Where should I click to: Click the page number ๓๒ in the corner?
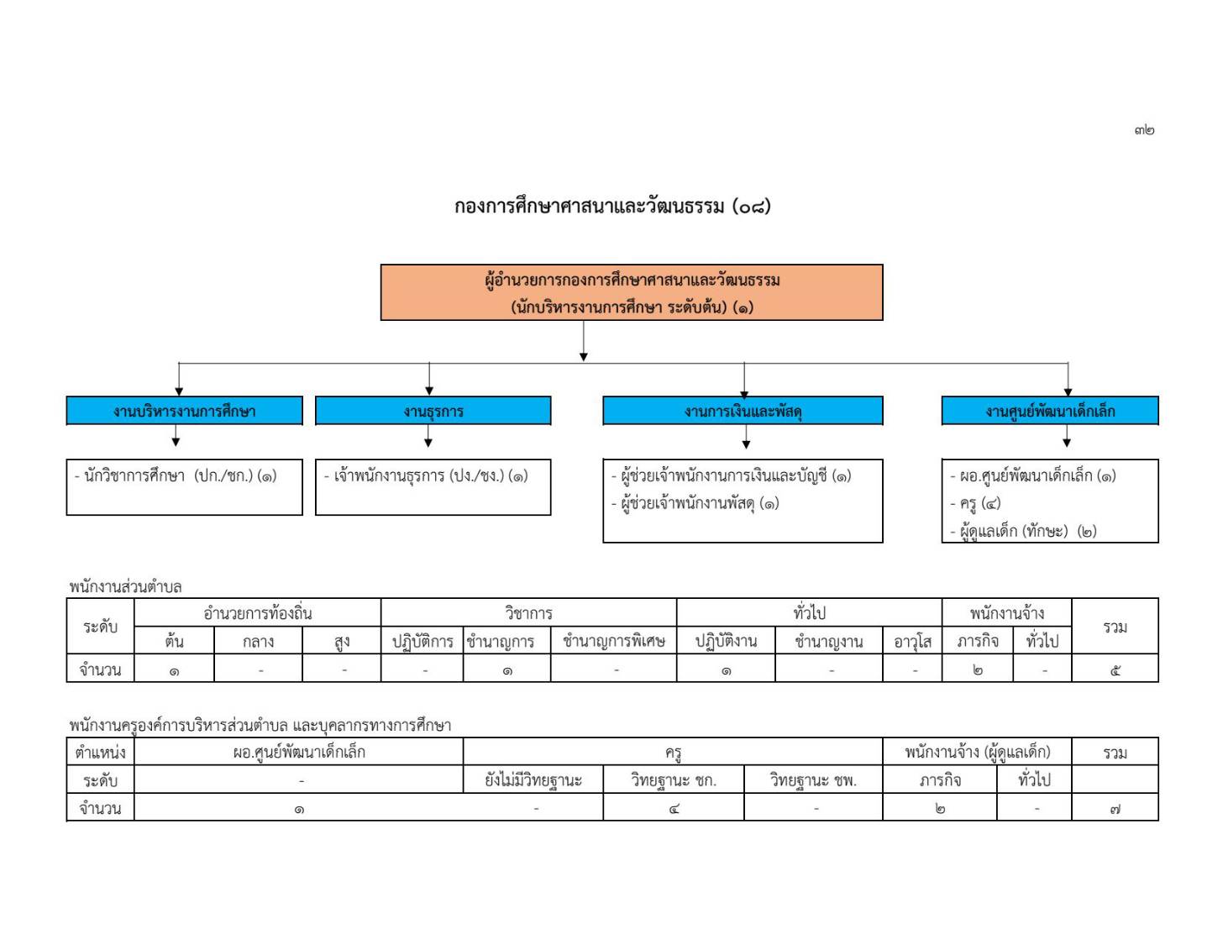click(1144, 130)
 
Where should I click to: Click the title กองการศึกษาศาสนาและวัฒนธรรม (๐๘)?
click(612, 206)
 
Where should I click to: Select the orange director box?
click(632, 292)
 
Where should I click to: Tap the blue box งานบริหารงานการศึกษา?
click(185, 411)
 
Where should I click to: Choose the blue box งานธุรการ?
click(433, 411)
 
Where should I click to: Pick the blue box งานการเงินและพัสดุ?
click(743, 411)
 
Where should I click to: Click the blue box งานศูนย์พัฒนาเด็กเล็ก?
click(1050, 411)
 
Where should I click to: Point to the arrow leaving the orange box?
click(584, 341)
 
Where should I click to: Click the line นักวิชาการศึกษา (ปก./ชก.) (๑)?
click(176, 476)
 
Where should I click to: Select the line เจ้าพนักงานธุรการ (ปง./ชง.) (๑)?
click(426, 476)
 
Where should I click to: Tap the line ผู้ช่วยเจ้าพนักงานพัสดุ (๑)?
click(695, 503)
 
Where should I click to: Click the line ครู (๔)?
click(976, 503)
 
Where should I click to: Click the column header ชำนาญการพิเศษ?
click(614, 641)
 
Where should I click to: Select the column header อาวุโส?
click(913, 642)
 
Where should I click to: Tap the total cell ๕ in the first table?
click(1115, 670)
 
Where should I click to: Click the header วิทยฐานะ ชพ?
click(813, 780)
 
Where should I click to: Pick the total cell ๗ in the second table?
click(1115, 810)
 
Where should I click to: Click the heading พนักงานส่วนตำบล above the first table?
click(125, 587)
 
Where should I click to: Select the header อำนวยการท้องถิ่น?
click(258, 613)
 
